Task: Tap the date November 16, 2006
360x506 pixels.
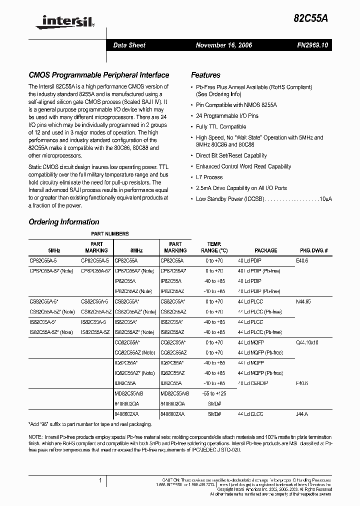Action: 223,45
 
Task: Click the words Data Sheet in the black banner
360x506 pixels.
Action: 129,45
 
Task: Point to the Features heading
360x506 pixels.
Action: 205,75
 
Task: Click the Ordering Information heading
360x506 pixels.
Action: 64,222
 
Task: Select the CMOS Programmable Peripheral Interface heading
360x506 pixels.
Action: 98,75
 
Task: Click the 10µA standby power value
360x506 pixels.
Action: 325,199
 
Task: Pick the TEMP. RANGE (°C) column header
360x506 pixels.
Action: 214,247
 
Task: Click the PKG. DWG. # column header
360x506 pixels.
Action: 313,250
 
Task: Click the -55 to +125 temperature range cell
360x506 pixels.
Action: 214,393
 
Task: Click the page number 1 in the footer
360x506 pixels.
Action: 100,480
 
